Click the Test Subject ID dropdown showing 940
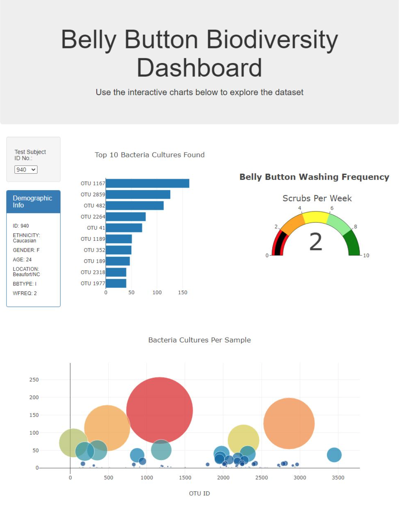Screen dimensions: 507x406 tap(26, 170)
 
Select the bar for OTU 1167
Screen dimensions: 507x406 tap(147, 184)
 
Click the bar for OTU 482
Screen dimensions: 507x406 tap(134, 206)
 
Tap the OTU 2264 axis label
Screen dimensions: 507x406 tap(93, 217)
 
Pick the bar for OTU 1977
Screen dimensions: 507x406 tap(116, 283)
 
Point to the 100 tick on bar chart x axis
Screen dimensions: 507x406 tap(157, 292)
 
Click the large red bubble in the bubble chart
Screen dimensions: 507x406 tap(159, 410)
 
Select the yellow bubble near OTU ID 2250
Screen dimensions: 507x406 tap(243, 440)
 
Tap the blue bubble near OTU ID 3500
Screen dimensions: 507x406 tap(334, 455)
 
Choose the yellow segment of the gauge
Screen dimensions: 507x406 tap(316, 217)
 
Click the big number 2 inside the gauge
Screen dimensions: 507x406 tap(316, 242)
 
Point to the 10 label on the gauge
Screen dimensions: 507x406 tap(366, 255)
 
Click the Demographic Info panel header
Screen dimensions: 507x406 tap(33, 201)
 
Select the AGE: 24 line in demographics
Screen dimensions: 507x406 tap(22, 260)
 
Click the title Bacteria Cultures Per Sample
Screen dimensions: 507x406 tap(199, 340)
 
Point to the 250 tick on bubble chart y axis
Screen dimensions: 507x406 tap(34, 380)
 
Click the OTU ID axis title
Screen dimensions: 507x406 tap(199, 493)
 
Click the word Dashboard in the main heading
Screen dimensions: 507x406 tap(199, 68)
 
